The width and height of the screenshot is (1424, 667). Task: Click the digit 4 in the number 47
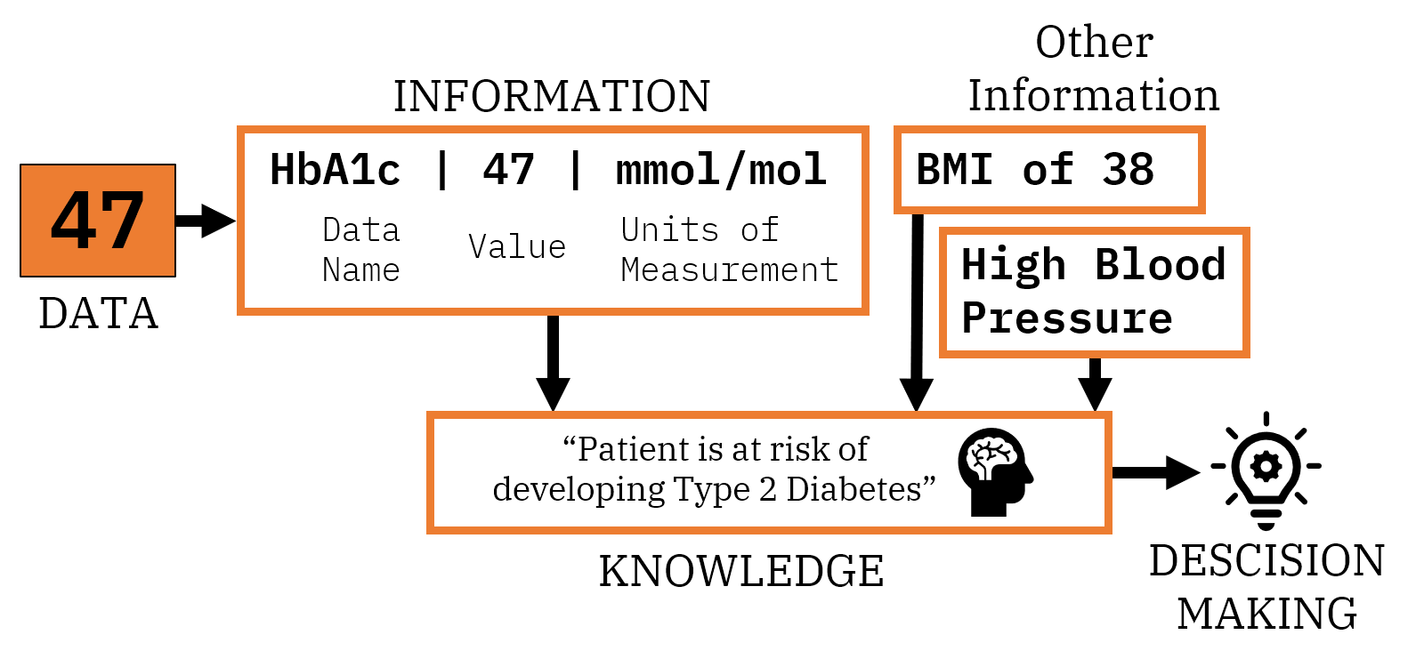pos(74,221)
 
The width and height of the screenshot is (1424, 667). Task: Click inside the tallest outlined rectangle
pos(553,221)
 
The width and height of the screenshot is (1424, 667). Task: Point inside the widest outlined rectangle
pos(769,472)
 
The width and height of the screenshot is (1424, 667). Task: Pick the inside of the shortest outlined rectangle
pos(1049,170)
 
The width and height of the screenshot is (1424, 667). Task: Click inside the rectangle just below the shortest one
pos(1094,293)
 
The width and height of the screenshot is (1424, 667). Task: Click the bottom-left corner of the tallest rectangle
pos(240,311)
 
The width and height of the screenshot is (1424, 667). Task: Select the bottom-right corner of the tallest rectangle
pos(865,311)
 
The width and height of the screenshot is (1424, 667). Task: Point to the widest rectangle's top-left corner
pos(430,414)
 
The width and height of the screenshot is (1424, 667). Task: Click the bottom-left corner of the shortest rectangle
pos(897,210)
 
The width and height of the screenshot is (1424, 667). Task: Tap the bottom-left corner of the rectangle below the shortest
pos(943,354)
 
